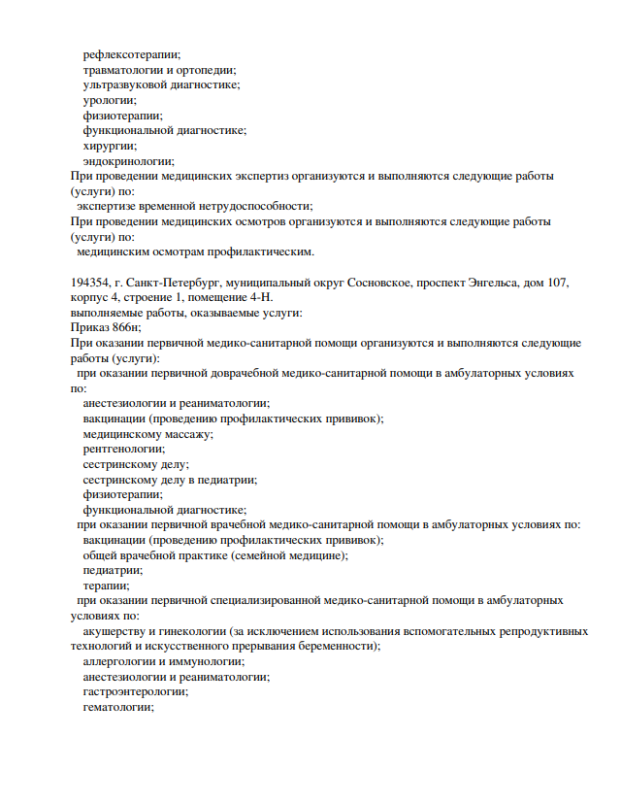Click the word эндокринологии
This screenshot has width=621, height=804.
[128, 160]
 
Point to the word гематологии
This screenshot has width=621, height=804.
[118, 707]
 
